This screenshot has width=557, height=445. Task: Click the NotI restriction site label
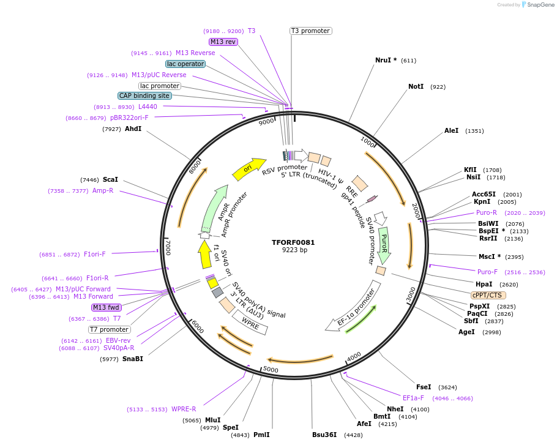click(416, 86)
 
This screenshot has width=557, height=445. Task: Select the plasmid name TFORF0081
click(293, 242)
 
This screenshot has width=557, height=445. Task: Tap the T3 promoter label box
click(310, 31)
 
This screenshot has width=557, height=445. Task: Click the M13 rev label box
click(223, 42)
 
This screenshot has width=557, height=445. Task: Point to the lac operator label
click(185, 64)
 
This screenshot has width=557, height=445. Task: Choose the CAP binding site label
click(144, 95)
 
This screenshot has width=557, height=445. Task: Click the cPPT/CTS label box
click(488, 295)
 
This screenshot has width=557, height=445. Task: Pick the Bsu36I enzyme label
click(324, 435)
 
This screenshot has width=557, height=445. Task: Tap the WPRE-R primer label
click(184, 409)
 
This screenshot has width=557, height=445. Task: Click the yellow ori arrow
click(249, 168)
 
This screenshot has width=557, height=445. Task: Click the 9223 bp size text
click(294, 250)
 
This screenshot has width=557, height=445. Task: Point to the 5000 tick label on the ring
click(270, 370)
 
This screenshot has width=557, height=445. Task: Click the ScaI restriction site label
click(110, 179)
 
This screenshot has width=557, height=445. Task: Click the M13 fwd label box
click(107, 307)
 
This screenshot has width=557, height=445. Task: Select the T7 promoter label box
click(109, 329)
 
